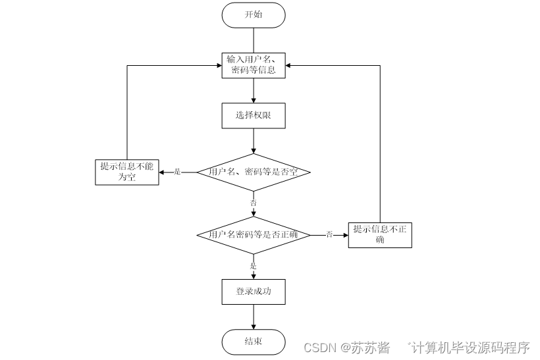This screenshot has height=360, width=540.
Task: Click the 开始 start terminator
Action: click(254, 15)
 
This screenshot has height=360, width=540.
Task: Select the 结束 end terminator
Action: click(254, 342)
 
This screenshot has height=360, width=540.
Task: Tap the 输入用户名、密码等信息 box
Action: click(254, 65)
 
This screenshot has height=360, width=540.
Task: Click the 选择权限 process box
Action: click(254, 115)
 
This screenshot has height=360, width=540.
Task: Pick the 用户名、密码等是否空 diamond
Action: click(254, 172)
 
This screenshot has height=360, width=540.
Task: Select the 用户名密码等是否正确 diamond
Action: click(254, 234)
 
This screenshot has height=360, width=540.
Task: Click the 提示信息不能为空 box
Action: click(126, 172)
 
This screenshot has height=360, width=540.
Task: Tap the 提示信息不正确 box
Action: click(380, 234)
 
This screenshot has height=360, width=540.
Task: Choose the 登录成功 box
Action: click(254, 291)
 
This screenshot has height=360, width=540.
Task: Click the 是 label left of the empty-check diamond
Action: click(177, 172)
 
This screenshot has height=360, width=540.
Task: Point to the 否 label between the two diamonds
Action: click(254, 203)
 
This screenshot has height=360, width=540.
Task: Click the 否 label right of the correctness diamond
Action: click(329, 234)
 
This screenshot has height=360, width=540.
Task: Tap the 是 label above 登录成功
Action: click(254, 266)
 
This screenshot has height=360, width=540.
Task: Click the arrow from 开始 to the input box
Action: click(254, 40)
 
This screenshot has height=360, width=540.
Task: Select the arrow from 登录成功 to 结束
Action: click(254, 317)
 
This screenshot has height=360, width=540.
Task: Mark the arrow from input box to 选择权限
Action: click(254, 91)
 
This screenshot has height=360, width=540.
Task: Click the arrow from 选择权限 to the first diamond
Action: click(254, 140)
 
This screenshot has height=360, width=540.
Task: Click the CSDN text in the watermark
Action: click(322, 347)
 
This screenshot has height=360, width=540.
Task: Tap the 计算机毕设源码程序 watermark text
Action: click(470, 347)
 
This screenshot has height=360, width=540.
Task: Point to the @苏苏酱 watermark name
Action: click(365, 347)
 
